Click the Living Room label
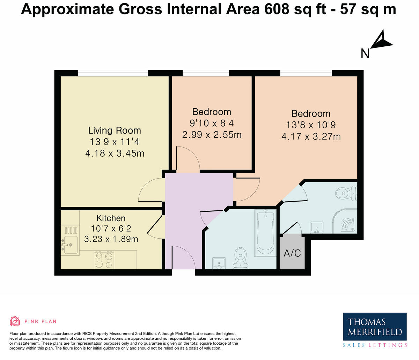115,130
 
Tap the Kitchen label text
111,218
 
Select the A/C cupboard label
292,253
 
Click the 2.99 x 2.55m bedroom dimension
212,135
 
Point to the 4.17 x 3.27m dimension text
311,136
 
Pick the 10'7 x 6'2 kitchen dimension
111,228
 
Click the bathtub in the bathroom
265,233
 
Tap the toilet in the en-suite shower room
346,193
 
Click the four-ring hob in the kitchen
104,260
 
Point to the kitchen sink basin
70,245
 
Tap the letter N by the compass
365,53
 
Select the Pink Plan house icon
15,321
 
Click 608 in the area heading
277,9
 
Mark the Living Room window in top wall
113,73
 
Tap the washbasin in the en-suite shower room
317,227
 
